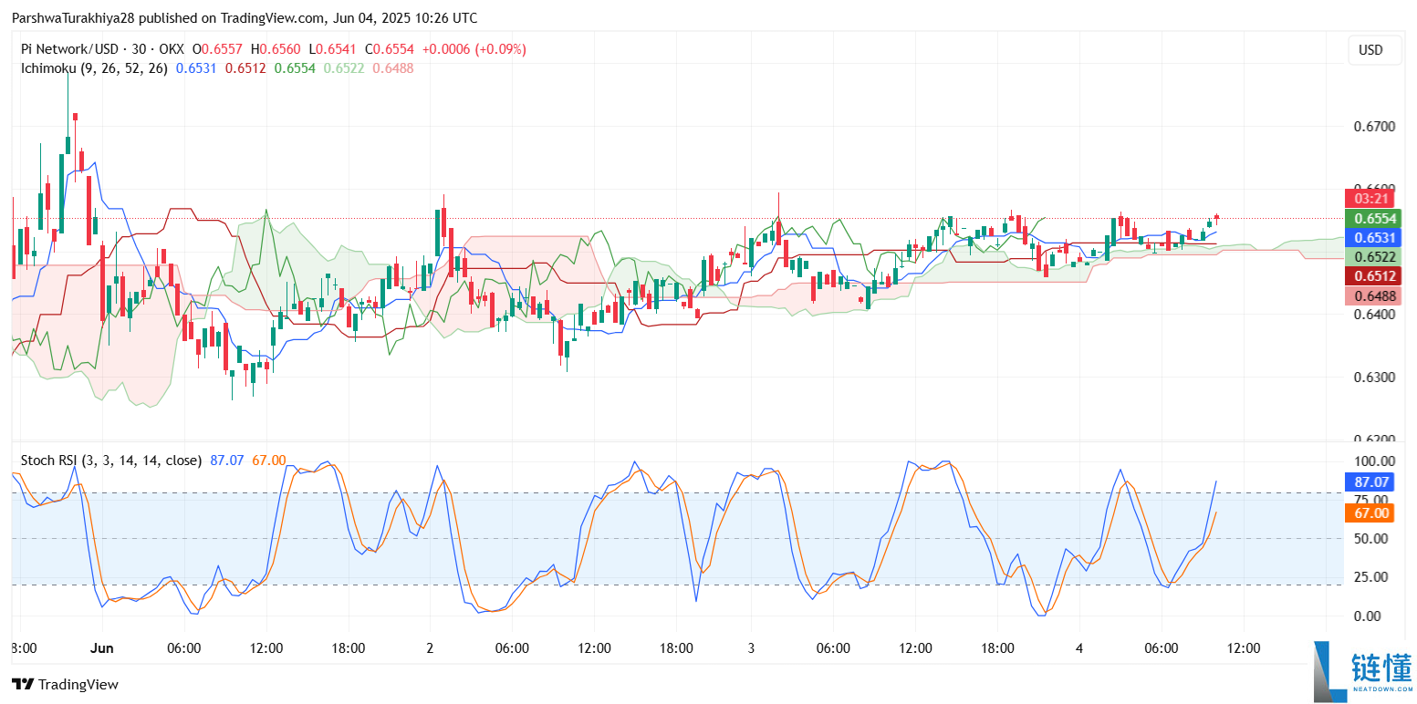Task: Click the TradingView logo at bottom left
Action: coord(65,684)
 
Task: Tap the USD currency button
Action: coord(1370,50)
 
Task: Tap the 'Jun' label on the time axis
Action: coord(102,648)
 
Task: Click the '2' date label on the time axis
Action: coord(430,648)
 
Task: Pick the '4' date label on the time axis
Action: coord(1078,648)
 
